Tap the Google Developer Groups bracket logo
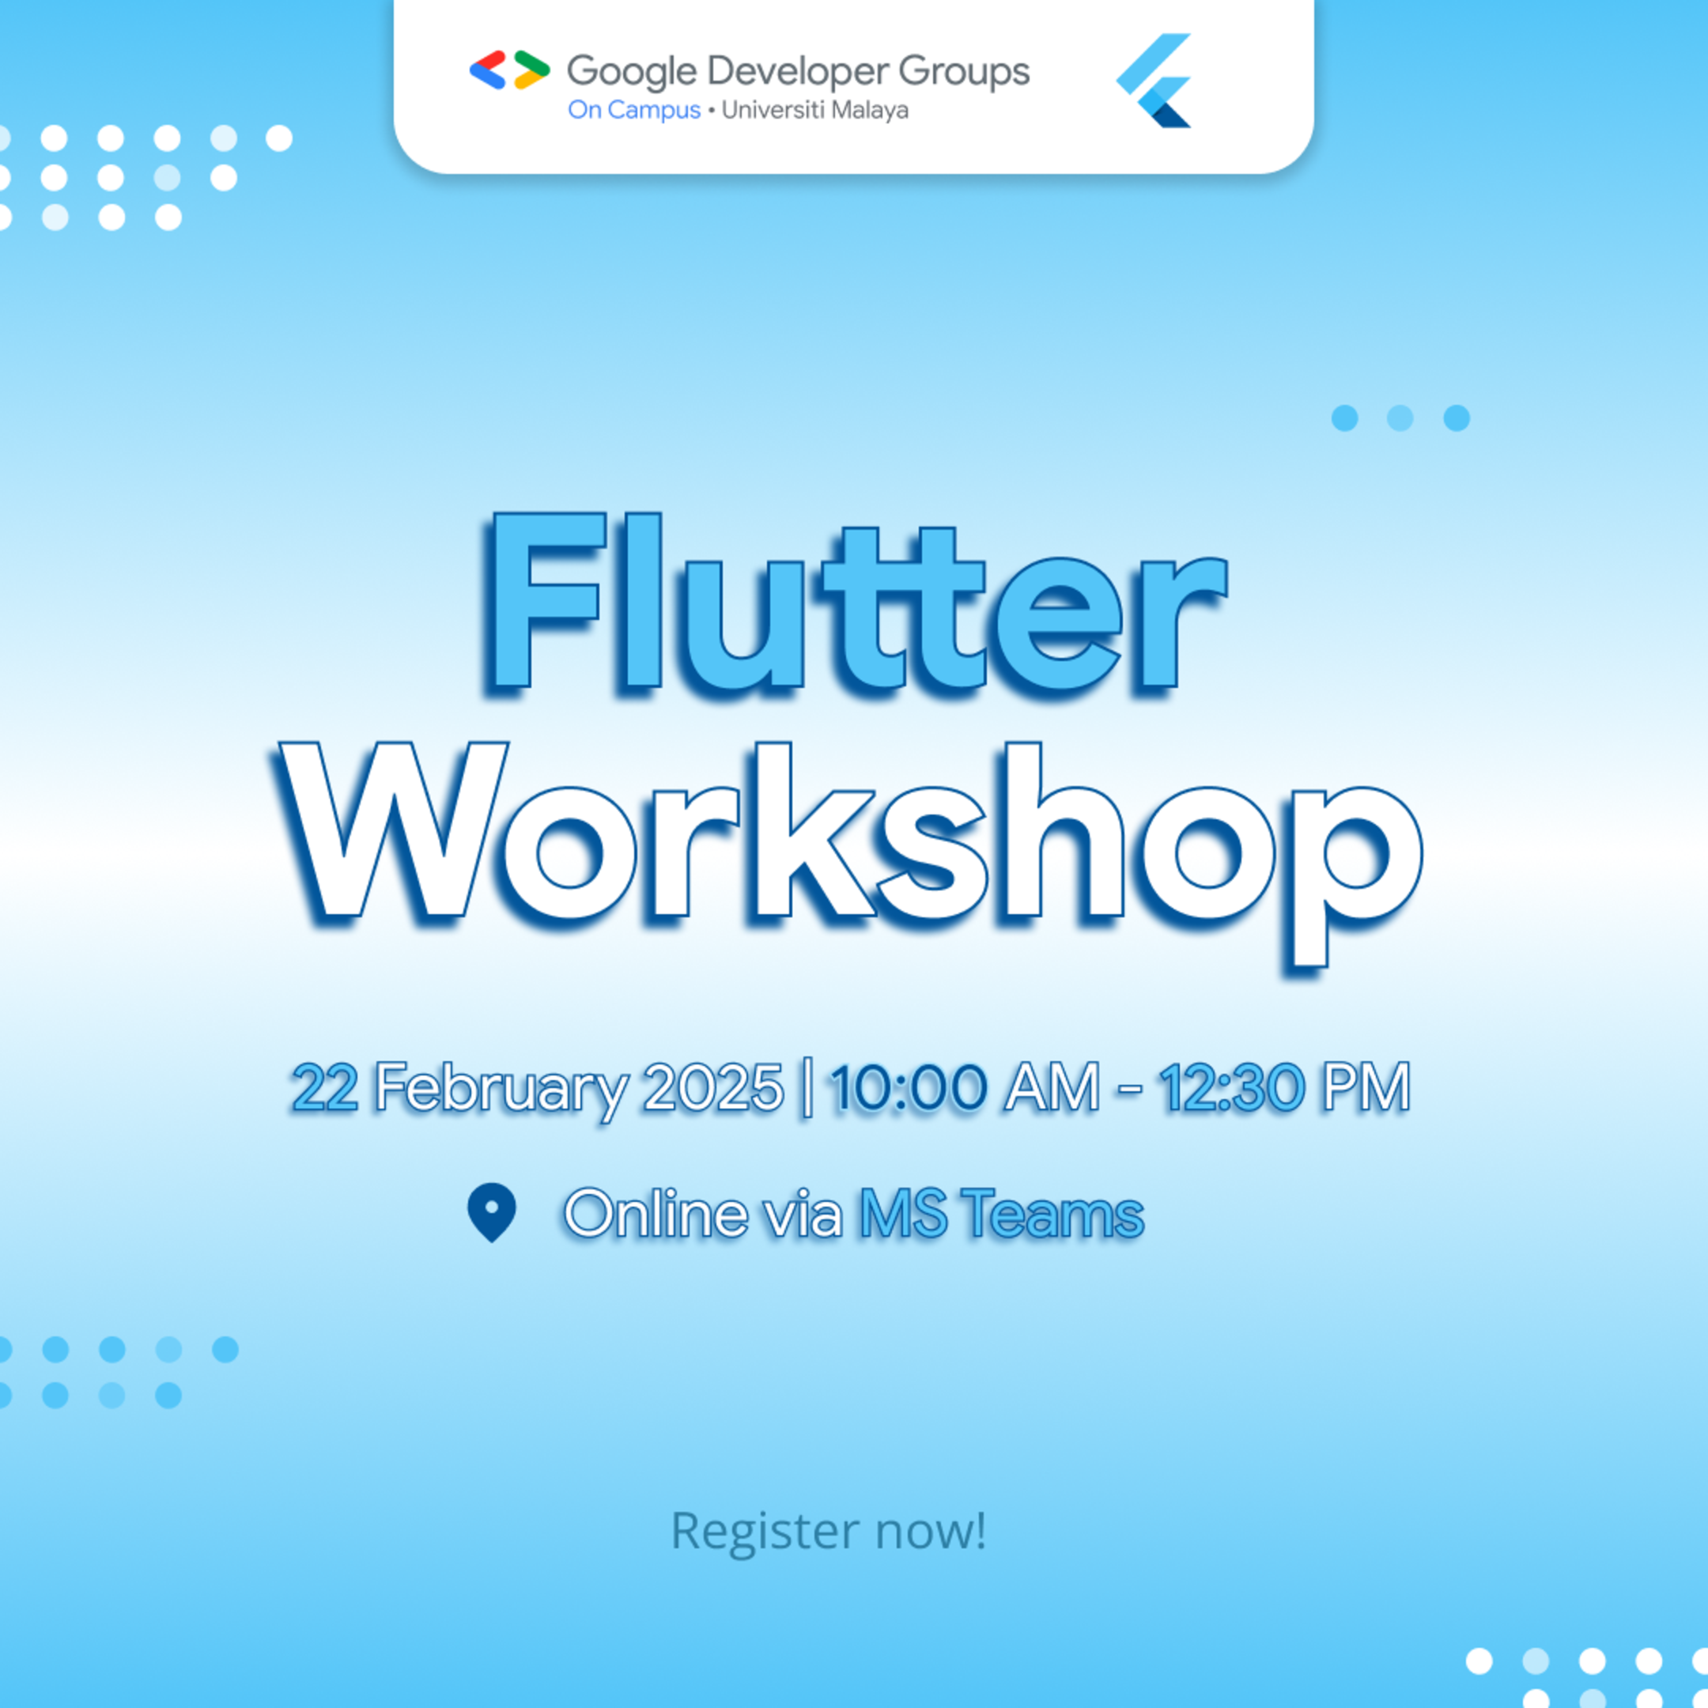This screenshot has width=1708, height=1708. point(509,70)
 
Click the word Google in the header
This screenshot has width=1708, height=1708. point(631,73)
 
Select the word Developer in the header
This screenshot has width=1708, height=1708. point(796,73)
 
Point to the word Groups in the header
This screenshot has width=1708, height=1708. point(964,73)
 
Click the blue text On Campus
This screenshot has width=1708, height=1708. point(634,111)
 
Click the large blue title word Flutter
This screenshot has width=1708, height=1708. point(856,603)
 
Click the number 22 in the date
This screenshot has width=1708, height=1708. point(324,1086)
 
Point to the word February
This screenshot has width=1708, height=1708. point(501,1088)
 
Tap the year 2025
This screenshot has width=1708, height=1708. point(712,1086)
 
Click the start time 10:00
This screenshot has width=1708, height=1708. point(908,1086)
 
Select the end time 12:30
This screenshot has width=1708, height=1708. point(1231,1086)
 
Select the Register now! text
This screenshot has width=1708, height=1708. point(829,1530)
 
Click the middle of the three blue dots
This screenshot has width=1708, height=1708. point(1400,418)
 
